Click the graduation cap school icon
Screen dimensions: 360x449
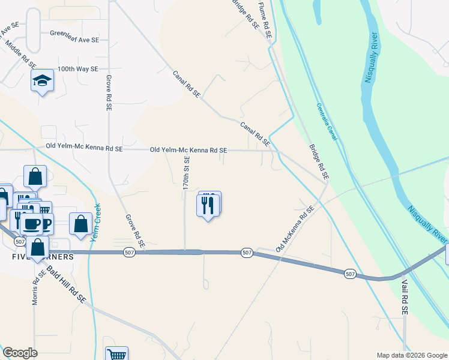pos(42,80)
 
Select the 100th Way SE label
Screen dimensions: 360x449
pos(78,69)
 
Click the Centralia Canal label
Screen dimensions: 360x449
pos(327,122)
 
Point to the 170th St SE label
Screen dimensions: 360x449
pos(187,173)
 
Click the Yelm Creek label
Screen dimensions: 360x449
pos(94,223)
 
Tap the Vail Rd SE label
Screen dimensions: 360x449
pos(405,296)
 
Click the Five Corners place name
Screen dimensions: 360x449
pos(42,257)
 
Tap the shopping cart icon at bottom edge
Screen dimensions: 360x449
pos(116,355)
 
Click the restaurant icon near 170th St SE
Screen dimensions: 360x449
pos(208,205)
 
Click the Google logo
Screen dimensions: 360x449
pos(20,353)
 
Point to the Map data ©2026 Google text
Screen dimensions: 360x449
pos(412,355)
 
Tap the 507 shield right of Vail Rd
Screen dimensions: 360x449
pos(351,274)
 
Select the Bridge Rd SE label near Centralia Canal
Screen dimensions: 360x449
pos(319,162)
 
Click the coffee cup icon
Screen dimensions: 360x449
pos(31,224)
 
